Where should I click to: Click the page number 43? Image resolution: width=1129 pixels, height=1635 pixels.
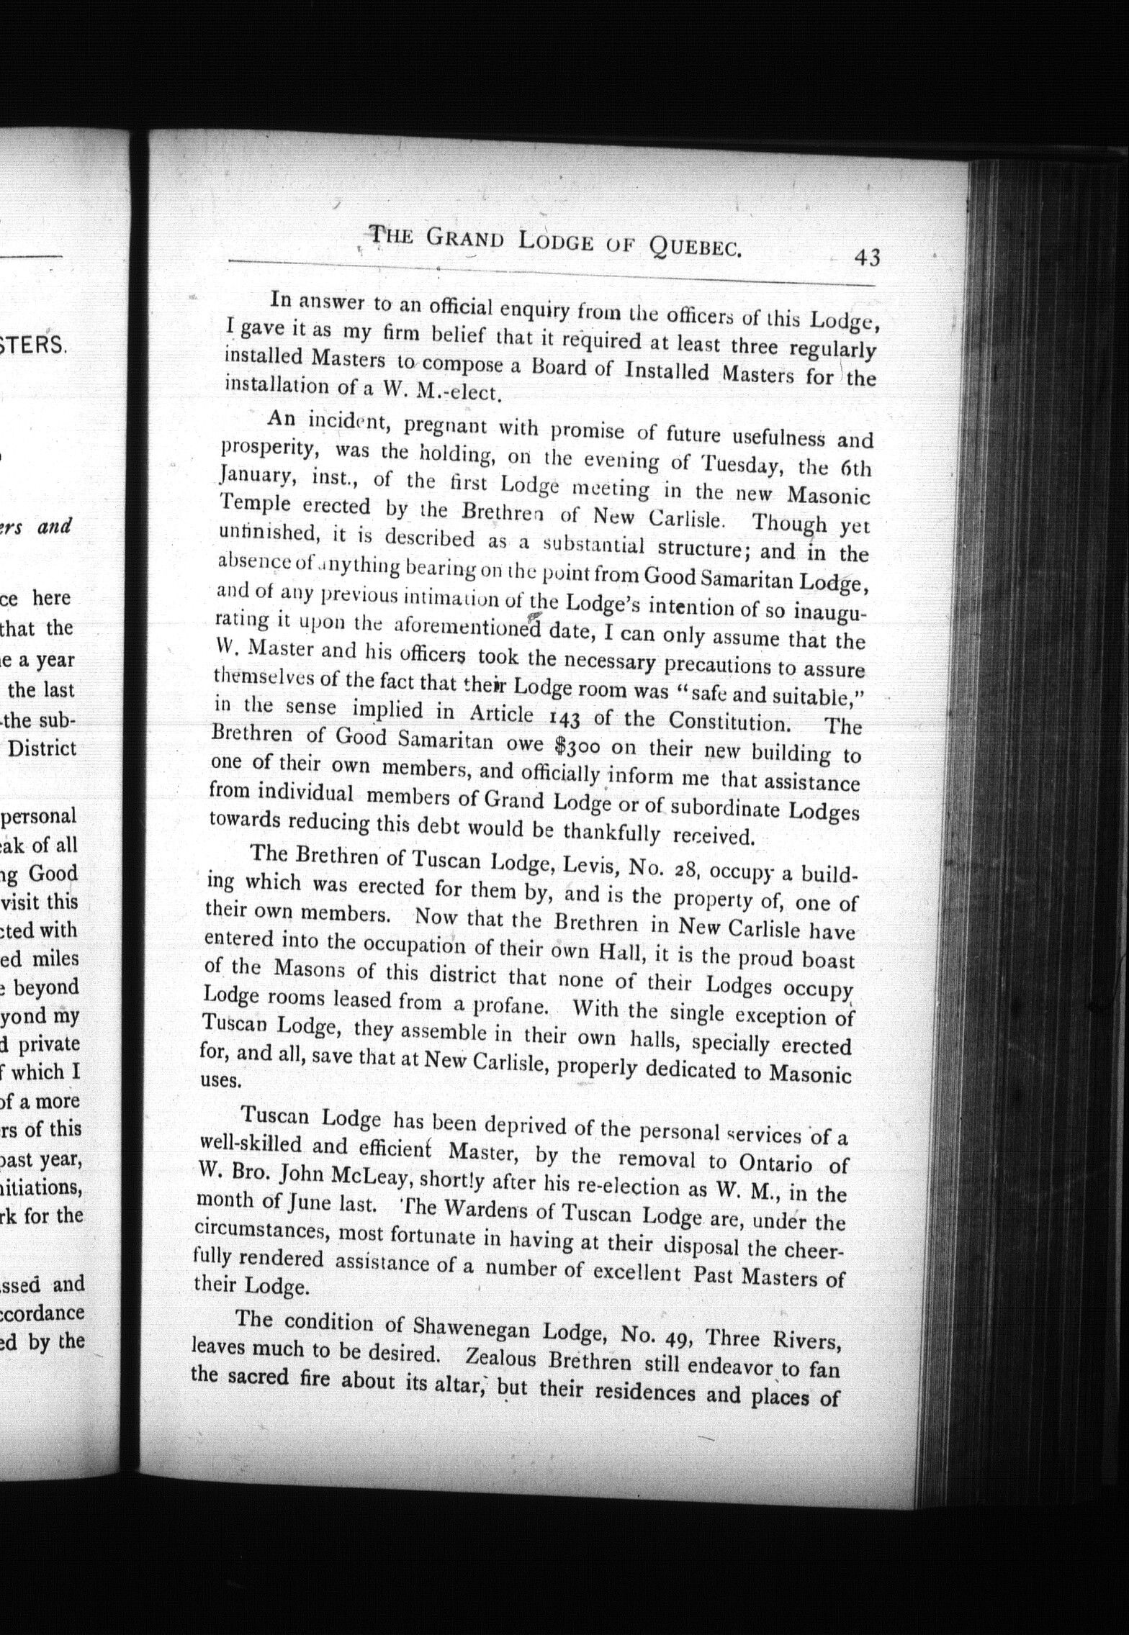pos(866,257)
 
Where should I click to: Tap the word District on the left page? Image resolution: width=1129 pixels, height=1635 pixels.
pos(42,748)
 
